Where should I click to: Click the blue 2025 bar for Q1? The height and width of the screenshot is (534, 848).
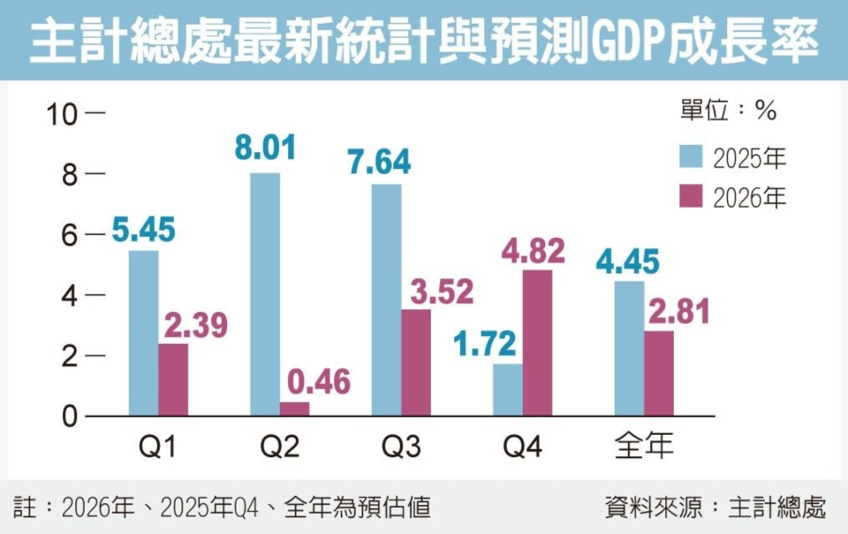(x=143, y=333)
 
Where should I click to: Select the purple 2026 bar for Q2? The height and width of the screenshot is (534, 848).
(x=295, y=408)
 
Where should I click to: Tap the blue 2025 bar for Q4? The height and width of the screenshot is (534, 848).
(x=508, y=389)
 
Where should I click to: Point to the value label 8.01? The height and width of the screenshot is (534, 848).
(x=265, y=149)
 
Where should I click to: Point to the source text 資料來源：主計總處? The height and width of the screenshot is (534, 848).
(x=715, y=507)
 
